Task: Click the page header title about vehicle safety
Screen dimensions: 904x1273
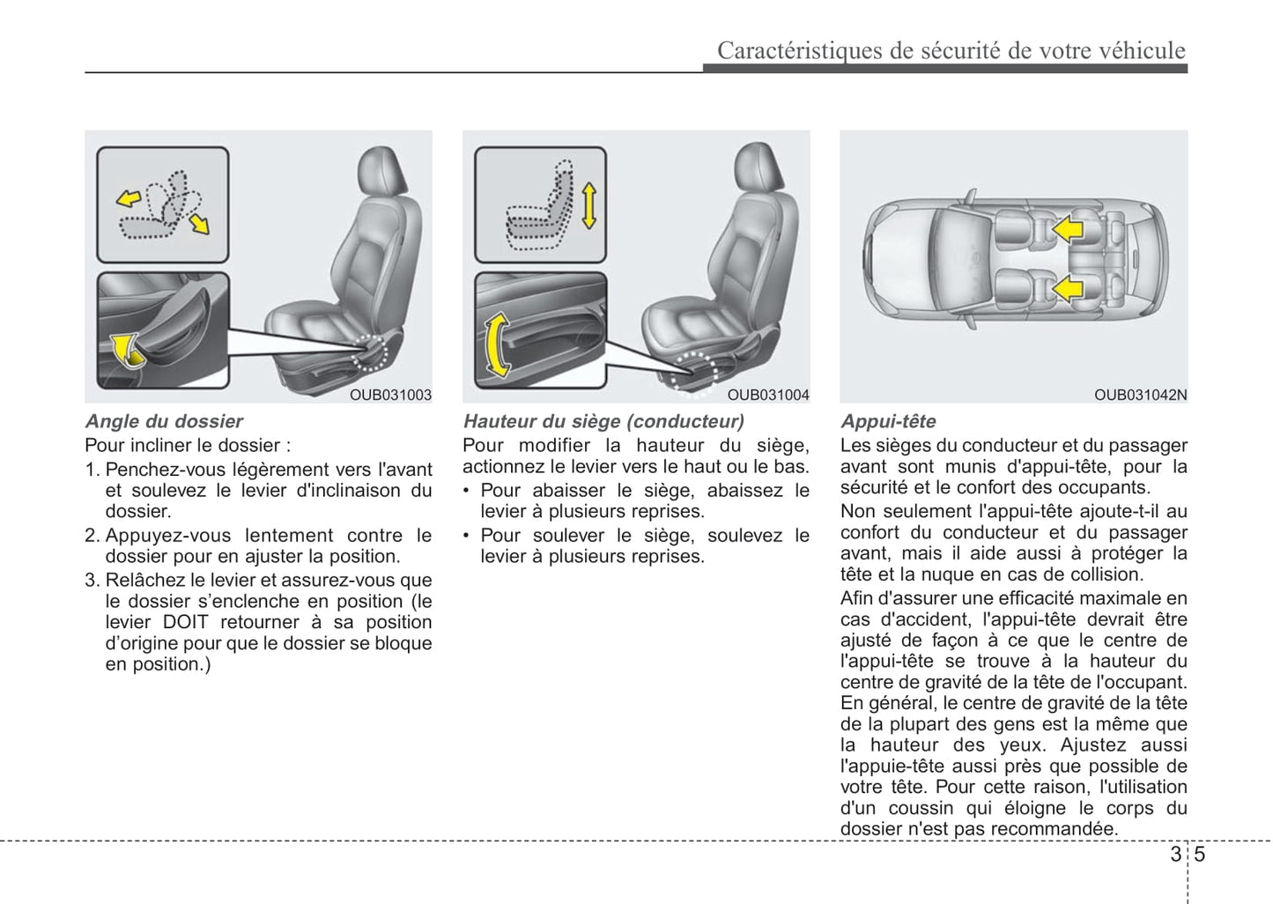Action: pos(951,50)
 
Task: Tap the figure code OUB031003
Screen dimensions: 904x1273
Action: pos(390,395)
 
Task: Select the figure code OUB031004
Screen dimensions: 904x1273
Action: pos(767,395)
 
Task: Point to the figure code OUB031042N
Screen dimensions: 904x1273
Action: pos(1140,395)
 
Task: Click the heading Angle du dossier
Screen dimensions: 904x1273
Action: pos(164,421)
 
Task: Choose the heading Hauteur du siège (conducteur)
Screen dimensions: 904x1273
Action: pos(603,421)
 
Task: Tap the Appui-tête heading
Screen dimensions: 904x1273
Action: pos(888,421)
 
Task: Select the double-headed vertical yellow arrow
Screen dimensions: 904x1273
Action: pos(588,206)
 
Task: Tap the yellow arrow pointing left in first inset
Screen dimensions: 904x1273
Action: pos(129,199)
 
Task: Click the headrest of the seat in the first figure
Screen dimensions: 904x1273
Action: pos(383,169)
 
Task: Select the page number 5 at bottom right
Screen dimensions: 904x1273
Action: pos(1200,854)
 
